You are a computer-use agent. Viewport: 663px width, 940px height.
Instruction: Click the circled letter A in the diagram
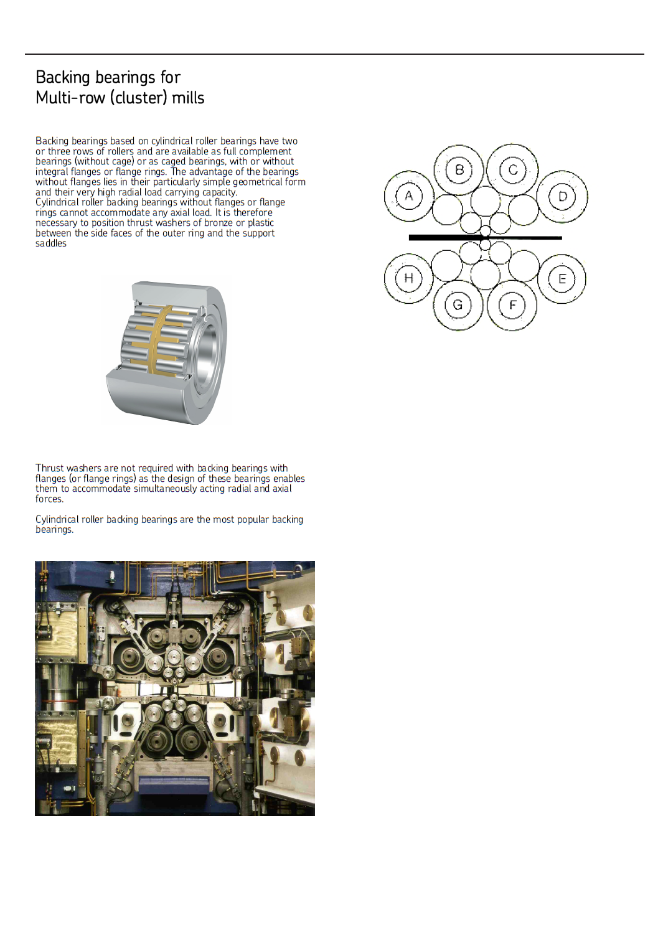point(409,196)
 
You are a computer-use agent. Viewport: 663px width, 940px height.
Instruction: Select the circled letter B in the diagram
point(459,170)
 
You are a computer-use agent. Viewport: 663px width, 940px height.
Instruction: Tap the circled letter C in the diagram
point(513,170)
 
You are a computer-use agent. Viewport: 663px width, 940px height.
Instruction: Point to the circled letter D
point(563,197)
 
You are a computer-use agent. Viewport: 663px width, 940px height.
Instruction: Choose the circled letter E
point(562,279)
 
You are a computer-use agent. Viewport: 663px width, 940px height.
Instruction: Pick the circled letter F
point(512,305)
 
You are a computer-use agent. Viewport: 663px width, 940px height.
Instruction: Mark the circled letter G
point(458,305)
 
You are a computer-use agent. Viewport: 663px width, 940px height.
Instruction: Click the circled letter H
point(408,278)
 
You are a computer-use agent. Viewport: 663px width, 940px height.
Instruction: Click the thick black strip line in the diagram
point(436,237)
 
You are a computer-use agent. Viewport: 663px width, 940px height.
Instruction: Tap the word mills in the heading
point(188,98)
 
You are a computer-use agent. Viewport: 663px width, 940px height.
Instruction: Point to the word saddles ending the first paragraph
point(51,243)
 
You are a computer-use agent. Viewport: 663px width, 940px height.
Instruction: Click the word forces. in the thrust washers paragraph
point(49,499)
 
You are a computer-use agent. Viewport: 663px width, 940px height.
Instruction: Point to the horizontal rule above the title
point(334,54)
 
